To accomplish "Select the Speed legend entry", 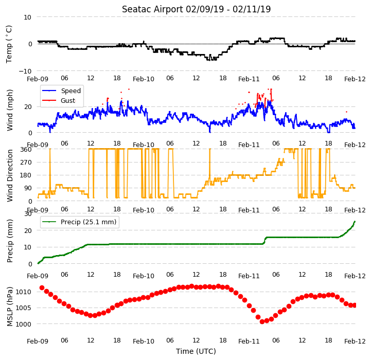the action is [70, 91].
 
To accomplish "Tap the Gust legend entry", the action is [68, 100].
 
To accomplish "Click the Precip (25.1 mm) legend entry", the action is [89, 222].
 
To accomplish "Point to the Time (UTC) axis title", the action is [196, 351].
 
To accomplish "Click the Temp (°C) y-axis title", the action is [9, 44].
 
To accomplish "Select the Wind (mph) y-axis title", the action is [10, 110].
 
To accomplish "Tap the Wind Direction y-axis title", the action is [10, 175].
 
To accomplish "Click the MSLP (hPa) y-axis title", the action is [10, 307].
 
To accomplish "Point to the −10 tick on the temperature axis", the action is [25, 71].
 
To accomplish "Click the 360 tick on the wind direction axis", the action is [26, 150].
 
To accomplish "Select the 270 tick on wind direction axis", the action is [26, 163].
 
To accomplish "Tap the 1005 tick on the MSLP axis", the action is [24, 308].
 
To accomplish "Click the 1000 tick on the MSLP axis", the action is [24, 325].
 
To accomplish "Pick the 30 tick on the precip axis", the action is [28, 214].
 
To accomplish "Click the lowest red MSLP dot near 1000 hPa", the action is [262, 321].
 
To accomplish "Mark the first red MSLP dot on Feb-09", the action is [42, 288].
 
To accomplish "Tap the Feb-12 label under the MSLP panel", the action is [355, 341].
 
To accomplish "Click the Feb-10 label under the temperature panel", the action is [144, 79].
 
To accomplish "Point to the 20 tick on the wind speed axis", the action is [28, 107].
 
